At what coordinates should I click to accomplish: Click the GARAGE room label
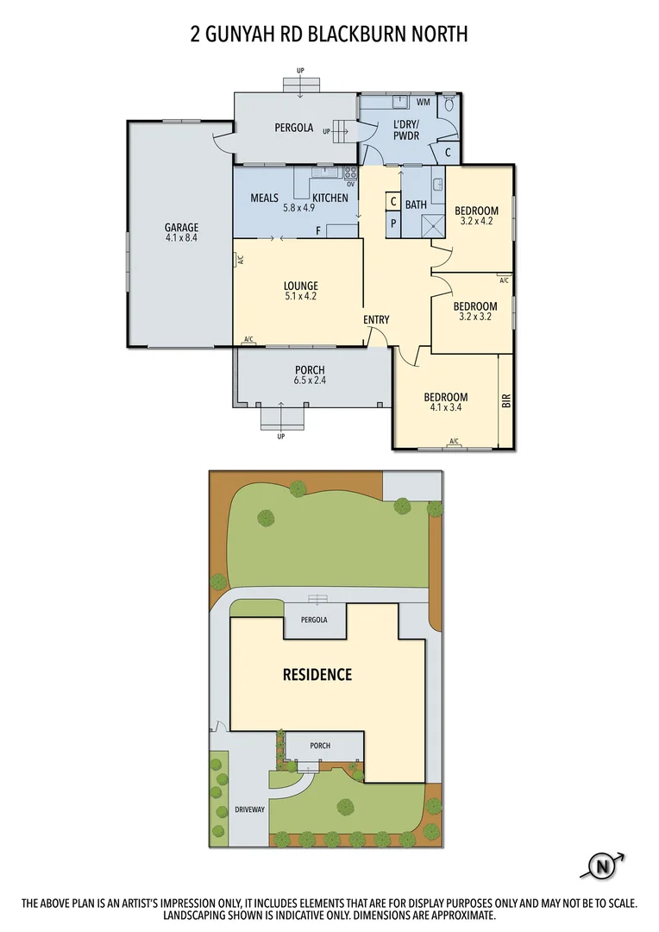click(x=182, y=228)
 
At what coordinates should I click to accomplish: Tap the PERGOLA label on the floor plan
click(x=293, y=128)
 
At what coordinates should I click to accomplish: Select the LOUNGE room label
click(x=300, y=286)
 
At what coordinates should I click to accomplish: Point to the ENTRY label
click(x=376, y=320)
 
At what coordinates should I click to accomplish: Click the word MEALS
click(x=264, y=198)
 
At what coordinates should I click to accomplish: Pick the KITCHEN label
click(x=330, y=198)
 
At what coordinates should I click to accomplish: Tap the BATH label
click(x=416, y=205)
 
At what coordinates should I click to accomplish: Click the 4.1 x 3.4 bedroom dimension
click(x=445, y=408)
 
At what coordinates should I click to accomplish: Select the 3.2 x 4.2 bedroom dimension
click(x=475, y=222)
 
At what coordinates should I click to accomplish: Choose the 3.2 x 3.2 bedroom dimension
click(x=475, y=317)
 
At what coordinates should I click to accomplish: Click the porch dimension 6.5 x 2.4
click(x=309, y=381)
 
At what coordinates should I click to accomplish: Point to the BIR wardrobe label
click(x=506, y=400)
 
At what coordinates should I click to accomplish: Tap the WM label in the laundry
click(x=424, y=103)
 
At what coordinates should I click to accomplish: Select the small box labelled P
click(x=393, y=222)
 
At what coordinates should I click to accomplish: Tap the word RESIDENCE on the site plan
click(x=317, y=675)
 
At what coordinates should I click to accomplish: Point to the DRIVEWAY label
click(x=249, y=810)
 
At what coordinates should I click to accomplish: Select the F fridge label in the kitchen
click(x=318, y=230)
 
